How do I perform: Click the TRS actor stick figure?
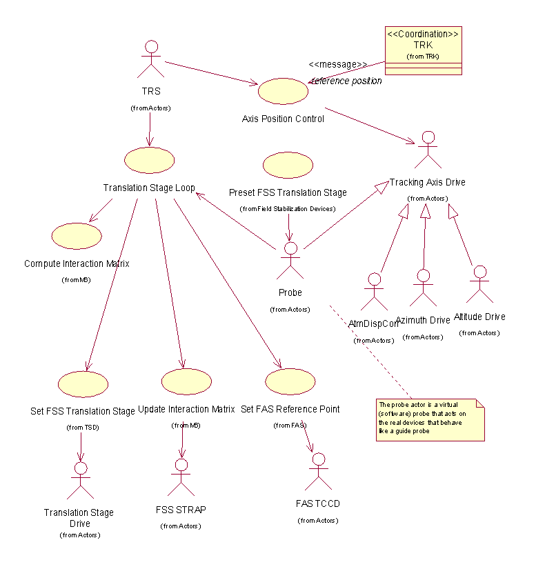click(x=150, y=60)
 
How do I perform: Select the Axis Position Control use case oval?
click(x=283, y=91)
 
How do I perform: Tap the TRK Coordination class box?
click(x=423, y=50)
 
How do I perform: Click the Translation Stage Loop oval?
click(x=149, y=160)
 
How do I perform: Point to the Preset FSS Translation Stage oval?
click(x=288, y=166)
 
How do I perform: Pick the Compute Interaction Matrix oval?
click(x=77, y=236)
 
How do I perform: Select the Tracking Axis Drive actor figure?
click(x=428, y=150)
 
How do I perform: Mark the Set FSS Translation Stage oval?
click(x=83, y=383)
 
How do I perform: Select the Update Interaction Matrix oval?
click(x=186, y=381)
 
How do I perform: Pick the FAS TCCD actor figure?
click(x=318, y=472)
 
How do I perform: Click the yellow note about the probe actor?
click(x=430, y=419)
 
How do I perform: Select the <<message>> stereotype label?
click(x=337, y=64)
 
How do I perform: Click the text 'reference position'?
click(x=347, y=81)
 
